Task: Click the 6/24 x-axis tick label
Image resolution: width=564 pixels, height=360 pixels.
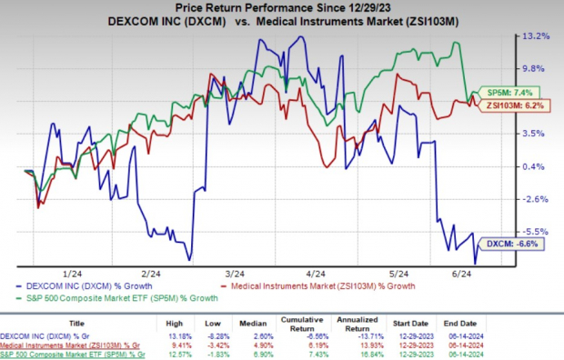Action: click(474, 273)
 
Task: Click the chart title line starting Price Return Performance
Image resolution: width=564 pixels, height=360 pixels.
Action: click(282, 7)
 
